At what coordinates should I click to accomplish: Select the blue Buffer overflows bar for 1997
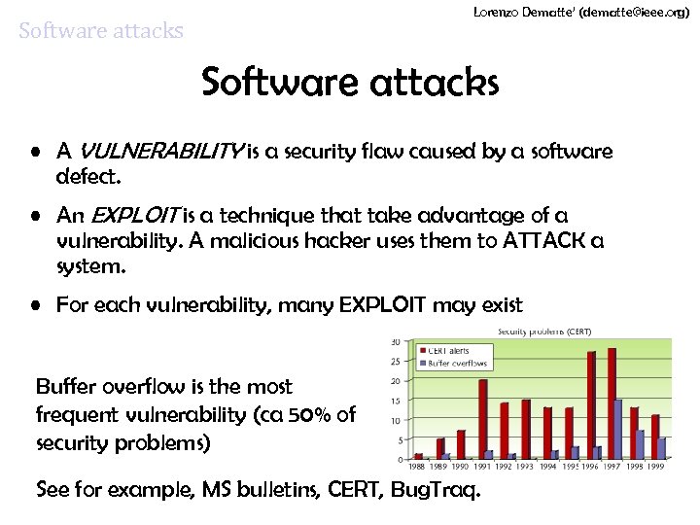(x=618, y=429)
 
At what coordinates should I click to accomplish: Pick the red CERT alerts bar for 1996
(x=591, y=404)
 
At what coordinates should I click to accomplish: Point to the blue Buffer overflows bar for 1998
(x=640, y=443)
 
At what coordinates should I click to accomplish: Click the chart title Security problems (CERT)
(x=543, y=332)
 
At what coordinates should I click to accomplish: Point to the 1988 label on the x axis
(x=419, y=466)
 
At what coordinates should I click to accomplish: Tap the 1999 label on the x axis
(x=658, y=466)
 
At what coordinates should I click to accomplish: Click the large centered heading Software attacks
(x=350, y=84)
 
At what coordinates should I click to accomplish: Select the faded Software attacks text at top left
(x=101, y=31)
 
